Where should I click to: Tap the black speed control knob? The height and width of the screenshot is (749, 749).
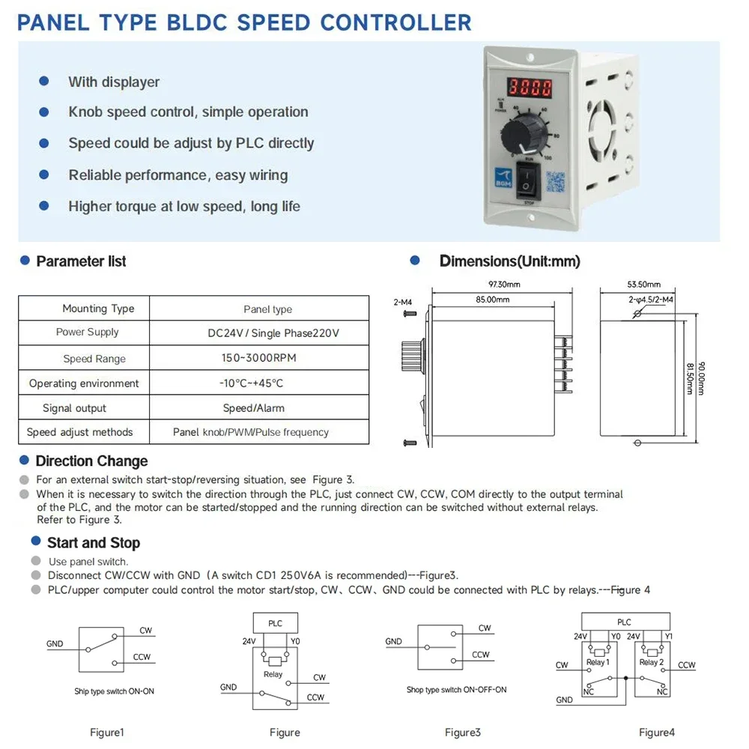point(524,137)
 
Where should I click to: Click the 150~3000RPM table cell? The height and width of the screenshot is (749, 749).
point(258,358)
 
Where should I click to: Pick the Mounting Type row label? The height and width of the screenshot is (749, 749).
point(98,309)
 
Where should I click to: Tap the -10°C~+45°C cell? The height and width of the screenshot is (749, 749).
point(251,383)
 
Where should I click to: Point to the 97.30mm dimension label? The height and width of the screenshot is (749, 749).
point(503,285)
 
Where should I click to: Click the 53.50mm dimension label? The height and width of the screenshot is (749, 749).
point(643,285)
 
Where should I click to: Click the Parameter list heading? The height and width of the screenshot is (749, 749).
point(81,261)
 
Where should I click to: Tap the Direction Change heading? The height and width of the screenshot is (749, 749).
point(91,461)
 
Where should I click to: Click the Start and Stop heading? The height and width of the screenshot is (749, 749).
point(93,543)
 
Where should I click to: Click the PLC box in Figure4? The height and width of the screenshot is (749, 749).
point(624,622)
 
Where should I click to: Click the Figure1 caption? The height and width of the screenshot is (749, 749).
point(106,732)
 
